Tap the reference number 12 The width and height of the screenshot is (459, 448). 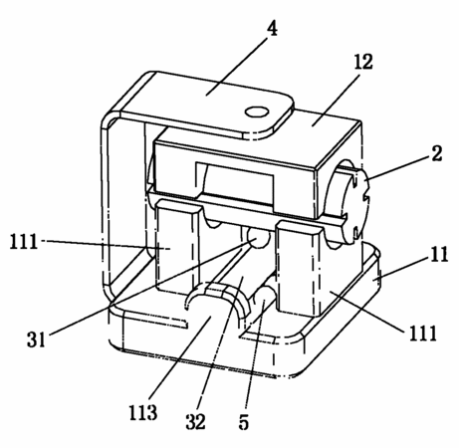point(363,62)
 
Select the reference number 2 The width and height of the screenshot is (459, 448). point(436,154)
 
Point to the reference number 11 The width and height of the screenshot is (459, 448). point(439,254)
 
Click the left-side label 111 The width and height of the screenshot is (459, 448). point(23,241)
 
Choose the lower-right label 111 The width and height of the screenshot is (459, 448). point(422,334)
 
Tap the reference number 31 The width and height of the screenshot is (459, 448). point(36,339)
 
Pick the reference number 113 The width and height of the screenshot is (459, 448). point(143,412)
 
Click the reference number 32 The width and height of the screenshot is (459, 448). point(195,422)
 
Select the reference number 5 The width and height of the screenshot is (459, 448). point(244,422)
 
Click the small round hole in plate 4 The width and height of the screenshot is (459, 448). point(257,112)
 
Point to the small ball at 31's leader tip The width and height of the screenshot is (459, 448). point(259,238)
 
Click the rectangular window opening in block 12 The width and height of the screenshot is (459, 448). point(235,181)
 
